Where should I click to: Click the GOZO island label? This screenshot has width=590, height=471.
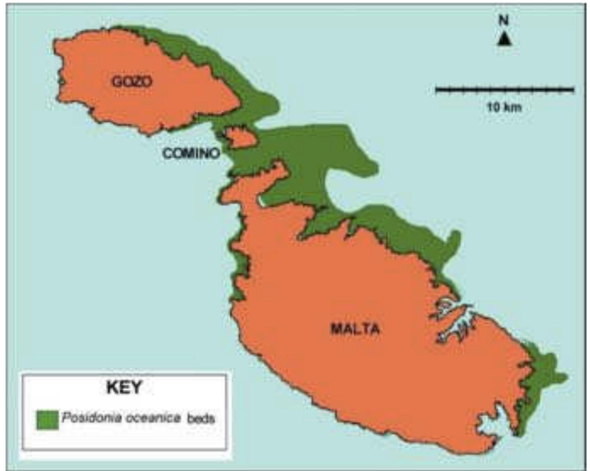click(x=132, y=81)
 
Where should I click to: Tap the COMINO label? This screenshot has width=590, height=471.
click(x=191, y=153)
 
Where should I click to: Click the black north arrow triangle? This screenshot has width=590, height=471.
click(x=504, y=40)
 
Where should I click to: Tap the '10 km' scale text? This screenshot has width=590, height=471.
click(x=504, y=107)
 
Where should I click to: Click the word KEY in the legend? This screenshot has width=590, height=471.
click(x=124, y=387)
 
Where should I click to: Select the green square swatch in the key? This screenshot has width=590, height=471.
click(x=47, y=420)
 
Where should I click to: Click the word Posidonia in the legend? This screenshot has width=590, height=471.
click(x=91, y=418)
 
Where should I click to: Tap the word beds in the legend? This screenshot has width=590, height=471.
click(x=201, y=419)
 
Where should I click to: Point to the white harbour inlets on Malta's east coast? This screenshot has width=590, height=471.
click(x=454, y=319)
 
